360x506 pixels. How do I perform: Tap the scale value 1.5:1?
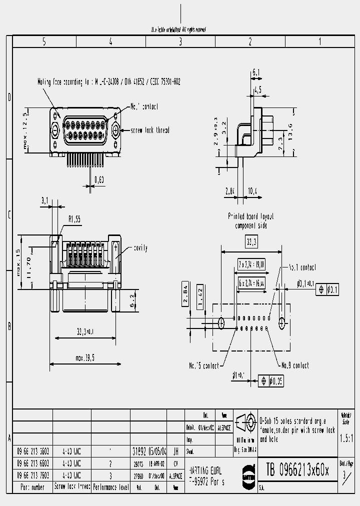345,439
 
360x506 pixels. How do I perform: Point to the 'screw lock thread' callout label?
150,130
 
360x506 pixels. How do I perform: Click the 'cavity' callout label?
140,247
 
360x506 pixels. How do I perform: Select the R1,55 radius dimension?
74,218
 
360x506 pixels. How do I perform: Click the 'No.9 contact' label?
295,365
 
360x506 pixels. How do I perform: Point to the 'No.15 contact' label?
203,365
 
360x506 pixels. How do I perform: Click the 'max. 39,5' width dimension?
86,357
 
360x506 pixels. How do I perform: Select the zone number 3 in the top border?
180,42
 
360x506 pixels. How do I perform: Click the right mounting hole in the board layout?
282,322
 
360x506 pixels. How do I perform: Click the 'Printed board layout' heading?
251,217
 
